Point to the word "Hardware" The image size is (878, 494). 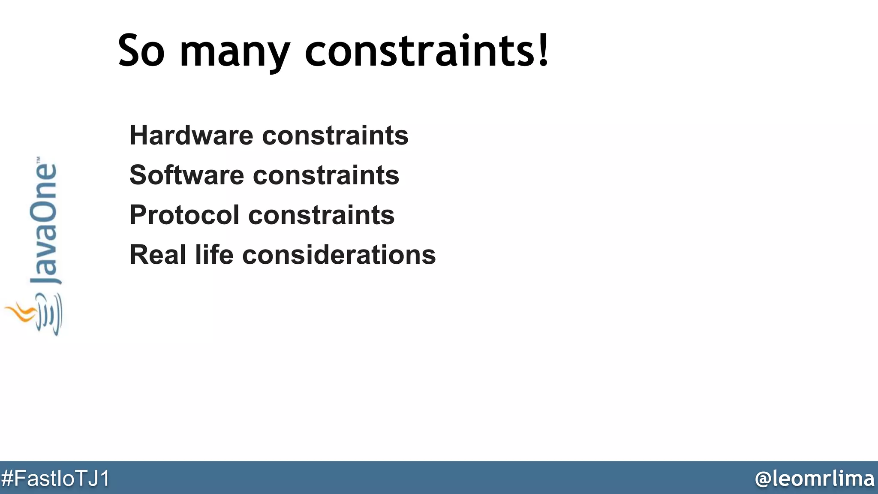pos(192,136)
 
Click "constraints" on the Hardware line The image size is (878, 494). pos(335,136)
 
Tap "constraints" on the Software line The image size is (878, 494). pos(326,175)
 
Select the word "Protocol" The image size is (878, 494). pos(184,215)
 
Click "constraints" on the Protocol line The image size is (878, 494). pos(322,215)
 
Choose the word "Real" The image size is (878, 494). pos(158,255)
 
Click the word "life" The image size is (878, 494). pos(214,255)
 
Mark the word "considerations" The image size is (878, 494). pos(339,255)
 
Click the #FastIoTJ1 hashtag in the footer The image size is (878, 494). pos(55,479)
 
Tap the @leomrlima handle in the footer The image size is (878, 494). pos(815,479)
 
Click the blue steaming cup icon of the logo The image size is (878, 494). pos(49,315)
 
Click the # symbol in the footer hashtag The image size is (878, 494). pos(7,479)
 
